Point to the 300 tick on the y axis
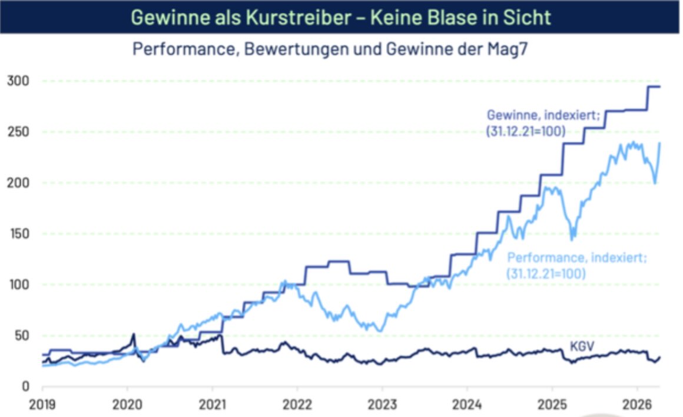(16, 81)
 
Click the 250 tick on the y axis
(16, 132)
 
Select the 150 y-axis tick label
(16, 234)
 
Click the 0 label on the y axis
(25, 386)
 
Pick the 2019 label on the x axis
(42, 405)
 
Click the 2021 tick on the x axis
(213, 405)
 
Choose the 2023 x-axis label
(382, 405)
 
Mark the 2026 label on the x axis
(636, 405)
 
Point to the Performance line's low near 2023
(380, 330)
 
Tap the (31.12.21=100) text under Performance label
(545, 273)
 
